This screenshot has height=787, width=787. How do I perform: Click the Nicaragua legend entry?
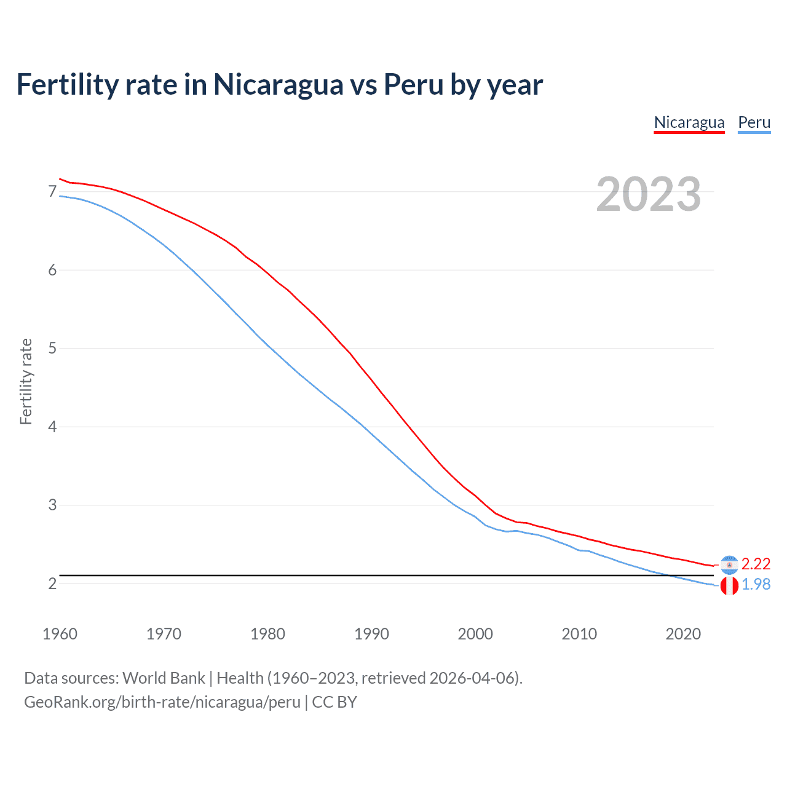pos(689,122)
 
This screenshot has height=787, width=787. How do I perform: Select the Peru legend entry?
pos(754,122)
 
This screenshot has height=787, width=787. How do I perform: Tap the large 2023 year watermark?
pos(648,194)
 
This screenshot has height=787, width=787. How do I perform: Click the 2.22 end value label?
pos(756,564)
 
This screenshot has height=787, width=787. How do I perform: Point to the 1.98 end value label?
pos(756,584)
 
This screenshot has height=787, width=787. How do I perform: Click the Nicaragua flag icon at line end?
pos(729,564)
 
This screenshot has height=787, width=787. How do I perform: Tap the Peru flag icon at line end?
pos(729,586)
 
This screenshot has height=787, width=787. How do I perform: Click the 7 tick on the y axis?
pos(52,192)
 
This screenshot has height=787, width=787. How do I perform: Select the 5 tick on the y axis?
pos(52,349)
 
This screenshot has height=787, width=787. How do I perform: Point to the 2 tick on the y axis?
pos(52,583)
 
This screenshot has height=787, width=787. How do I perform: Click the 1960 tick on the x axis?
pos(60,634)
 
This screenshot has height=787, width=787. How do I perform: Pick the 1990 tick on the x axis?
pos(371,634)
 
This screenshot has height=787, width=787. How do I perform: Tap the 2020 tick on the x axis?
pos(683,634)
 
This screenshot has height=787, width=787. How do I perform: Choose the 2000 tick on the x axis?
pos(475,634)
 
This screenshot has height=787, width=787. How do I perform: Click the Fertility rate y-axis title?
pos(26,381)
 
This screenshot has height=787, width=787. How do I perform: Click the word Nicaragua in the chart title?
pos(278,85)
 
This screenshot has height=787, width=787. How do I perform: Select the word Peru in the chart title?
pos(413,85)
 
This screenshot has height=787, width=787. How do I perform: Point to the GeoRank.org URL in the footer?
pos(162,702)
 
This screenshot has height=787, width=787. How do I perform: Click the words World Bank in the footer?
pos(164,678)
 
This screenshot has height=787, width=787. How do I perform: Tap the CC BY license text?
pos(334,702)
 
